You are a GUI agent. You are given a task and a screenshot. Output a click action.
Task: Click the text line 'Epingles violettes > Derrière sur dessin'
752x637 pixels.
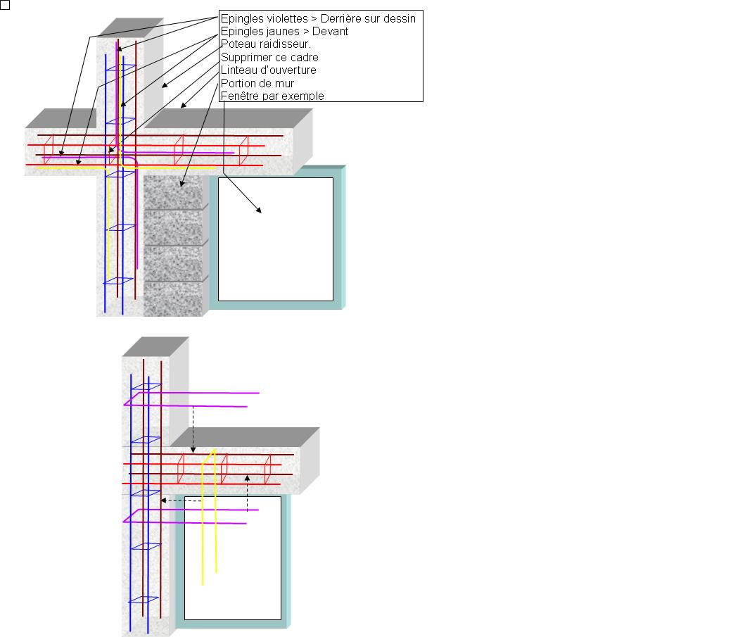coord(318,18)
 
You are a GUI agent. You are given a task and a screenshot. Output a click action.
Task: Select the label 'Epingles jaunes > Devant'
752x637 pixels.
coord(284,31)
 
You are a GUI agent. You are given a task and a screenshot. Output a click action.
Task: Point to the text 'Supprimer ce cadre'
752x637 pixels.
coord(269,57)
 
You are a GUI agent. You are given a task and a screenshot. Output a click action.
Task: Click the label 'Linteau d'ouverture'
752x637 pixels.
coord(269,70)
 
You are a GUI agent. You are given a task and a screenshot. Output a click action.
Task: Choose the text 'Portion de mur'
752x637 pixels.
coord(257,83)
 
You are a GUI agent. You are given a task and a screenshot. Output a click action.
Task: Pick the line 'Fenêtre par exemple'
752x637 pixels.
coord(272,96)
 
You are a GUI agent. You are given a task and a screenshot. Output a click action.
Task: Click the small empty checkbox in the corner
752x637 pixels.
coord(5,5)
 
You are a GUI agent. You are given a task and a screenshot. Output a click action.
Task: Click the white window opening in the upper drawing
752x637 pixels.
coord(276,239)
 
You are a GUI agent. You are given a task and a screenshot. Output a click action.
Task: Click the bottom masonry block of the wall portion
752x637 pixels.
coord(172,299)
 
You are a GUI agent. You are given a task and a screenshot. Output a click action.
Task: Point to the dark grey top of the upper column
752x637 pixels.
coord(130,28)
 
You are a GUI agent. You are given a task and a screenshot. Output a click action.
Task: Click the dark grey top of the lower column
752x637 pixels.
coord(155,347)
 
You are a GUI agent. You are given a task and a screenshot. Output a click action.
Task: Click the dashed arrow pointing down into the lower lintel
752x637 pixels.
coord(193,429)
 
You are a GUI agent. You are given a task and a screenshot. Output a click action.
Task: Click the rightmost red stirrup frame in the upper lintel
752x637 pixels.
coord(244,151)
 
